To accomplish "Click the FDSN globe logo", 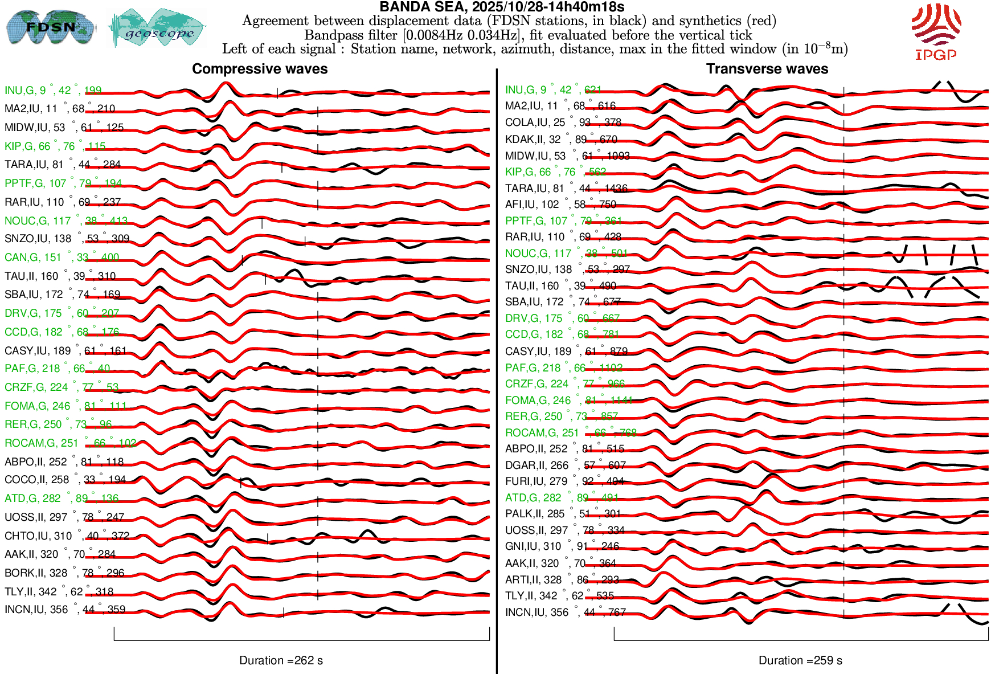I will [50, 27].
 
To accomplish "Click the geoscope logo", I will [157, 28].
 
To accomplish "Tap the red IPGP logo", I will [936, 31].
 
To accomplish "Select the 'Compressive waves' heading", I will [260, 69].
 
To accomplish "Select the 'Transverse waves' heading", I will [767, 69].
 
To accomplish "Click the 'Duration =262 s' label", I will [281, 660].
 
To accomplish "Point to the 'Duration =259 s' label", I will [800, 660].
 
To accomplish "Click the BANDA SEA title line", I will [502, 7].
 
